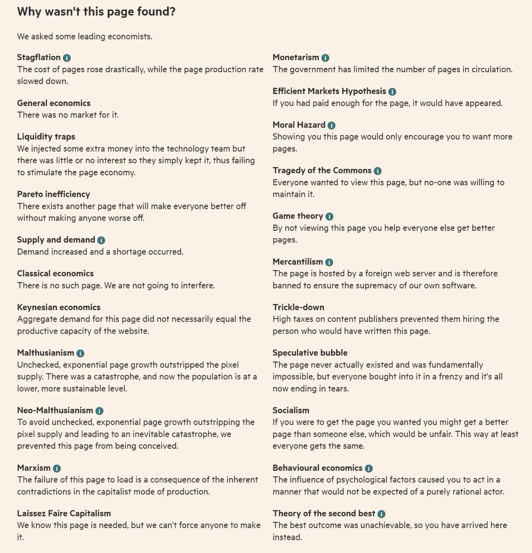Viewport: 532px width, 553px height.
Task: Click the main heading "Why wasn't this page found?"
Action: coord(96,12)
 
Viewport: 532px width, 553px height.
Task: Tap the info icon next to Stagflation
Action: coord(67,58)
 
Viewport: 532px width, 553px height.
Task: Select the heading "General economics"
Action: coord(53,103)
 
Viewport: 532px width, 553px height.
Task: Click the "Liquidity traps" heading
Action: coord(46,136)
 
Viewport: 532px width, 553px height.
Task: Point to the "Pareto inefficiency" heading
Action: coord(53,194)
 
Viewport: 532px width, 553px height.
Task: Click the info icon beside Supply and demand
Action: coord(101,240)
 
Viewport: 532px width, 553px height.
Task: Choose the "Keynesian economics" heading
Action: coord(59,307)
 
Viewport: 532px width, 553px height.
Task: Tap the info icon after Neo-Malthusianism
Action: coord(100,411)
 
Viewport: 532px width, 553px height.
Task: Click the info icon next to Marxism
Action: coord(57,468)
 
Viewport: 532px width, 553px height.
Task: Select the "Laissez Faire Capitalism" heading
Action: coord(64,513)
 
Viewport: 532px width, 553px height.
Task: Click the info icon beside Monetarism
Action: coord(325,58)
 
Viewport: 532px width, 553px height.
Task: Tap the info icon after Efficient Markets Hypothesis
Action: coord(392,92)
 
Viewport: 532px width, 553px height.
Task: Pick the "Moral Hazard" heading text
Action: coord(299,124)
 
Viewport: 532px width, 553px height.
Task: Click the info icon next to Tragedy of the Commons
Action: coord(378,171)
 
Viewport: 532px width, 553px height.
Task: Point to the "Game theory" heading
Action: coord(298,216)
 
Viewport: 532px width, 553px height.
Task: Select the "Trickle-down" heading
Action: coord(298,307)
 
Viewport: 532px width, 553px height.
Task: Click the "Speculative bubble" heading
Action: coord(310,353)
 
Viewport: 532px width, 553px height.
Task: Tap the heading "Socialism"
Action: coord(291,410)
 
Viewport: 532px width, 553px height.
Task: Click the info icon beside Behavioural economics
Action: coord(369,468)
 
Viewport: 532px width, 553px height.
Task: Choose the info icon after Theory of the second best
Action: coord(381,514)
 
